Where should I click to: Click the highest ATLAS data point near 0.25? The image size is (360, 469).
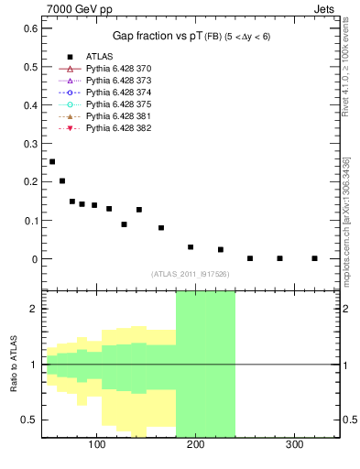[52, 161]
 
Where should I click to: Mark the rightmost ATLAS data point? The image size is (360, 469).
[314, 258]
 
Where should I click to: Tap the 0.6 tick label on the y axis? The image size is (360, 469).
[30, 28]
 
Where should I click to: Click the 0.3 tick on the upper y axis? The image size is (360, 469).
[30, 144]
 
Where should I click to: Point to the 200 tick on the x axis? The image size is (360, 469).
[195, 444]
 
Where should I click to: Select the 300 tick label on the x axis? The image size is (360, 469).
[294, 444]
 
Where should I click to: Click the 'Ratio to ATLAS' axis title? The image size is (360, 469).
[14, 364]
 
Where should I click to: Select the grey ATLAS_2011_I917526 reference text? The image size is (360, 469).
[190, 274]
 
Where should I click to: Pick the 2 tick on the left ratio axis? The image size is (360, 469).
[35, 309]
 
